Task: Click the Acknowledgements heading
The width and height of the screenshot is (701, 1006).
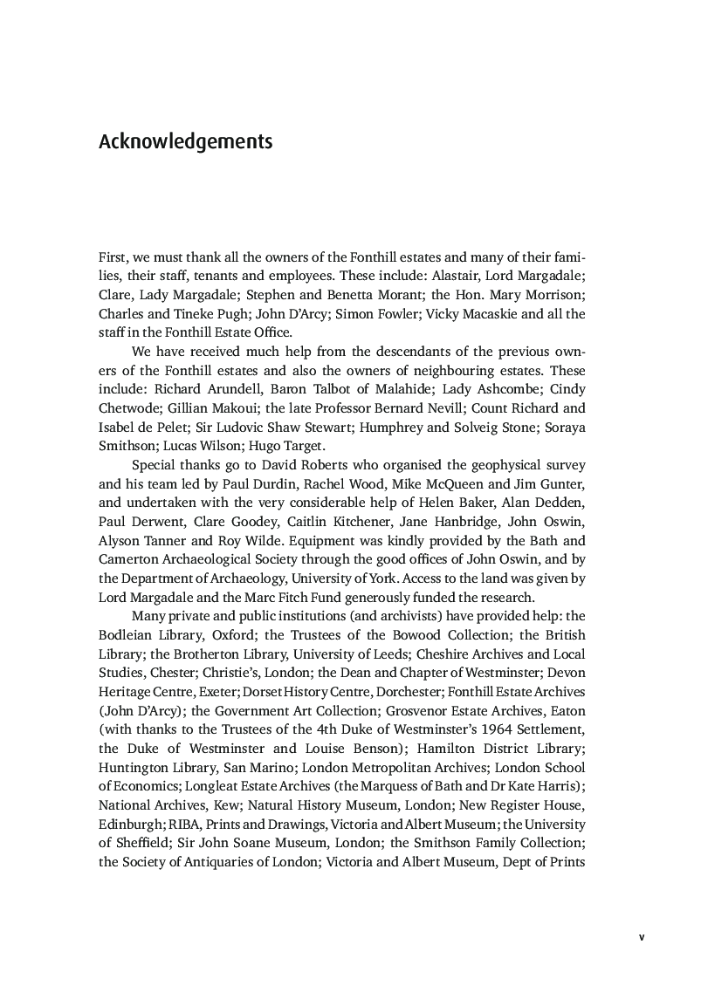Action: (x=185, y=141)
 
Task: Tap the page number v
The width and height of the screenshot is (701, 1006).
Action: (x=641, y=937)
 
